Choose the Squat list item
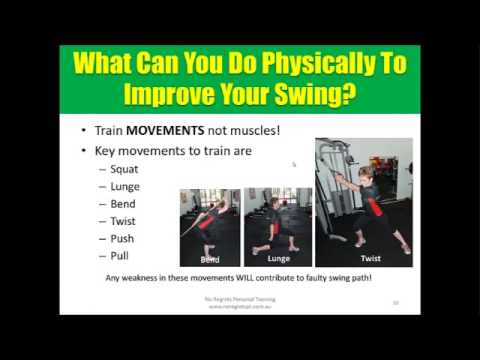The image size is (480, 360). coord(126,168)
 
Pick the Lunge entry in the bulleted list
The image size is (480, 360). coord(126,186)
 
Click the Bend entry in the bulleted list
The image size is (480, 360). coord(124,204)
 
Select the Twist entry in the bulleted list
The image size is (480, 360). coord(125,221)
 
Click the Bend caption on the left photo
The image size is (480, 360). coord(209,257)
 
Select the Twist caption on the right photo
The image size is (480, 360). coord(363,257)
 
